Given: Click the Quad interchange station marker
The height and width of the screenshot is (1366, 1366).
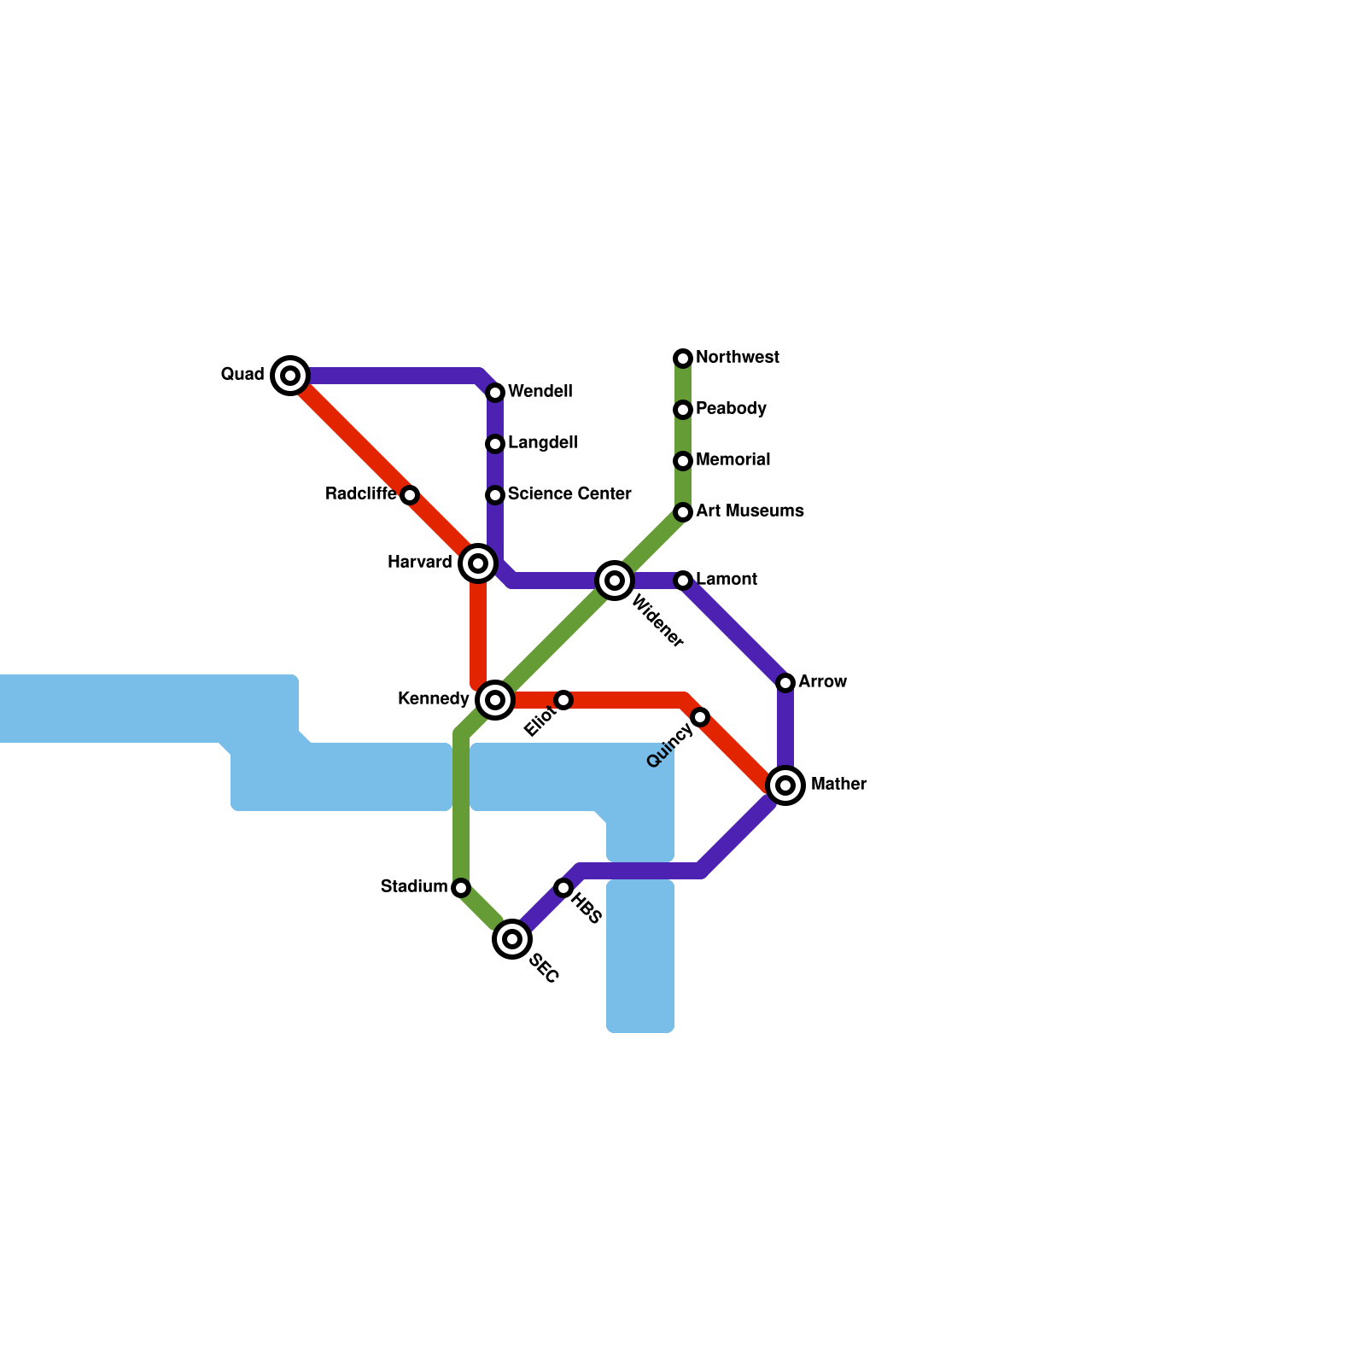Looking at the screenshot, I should pyautogui.click(x=290, y=376).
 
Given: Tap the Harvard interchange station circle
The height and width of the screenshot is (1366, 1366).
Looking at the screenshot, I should pyautogui.click(x=478, y=563).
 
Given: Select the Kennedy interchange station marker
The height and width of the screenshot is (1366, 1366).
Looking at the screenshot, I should pyautogui.click(x=495, y=700).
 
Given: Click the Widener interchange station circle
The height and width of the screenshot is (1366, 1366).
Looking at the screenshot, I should pyautogui.click(x=615, y=581).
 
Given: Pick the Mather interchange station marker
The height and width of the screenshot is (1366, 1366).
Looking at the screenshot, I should pyautogui.click(x=785, y=785).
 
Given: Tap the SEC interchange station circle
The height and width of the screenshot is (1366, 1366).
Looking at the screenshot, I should pyautogui.click(x=512, y=939).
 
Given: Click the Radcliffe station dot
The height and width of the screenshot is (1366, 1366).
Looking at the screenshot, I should pyautogui.click(x=410, y=495).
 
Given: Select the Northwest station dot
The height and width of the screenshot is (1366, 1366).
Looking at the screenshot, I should pyautogui.click(x=683, y=359).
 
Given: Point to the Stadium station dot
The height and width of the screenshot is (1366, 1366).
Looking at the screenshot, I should pyautogui.click(x=461, y=888).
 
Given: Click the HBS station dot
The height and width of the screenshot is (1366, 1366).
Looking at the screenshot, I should pyautogui.click(x=563, y=888).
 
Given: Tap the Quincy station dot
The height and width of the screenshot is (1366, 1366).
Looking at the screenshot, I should pyautogui.click(x=700, y=717).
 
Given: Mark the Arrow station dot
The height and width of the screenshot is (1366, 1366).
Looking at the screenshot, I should pyautogui.click(x=785, y=682).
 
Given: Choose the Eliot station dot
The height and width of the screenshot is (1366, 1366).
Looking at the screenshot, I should pyautogui.click(x=563, y=700).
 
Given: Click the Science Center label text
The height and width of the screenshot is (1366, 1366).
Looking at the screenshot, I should pyautogui.click(x=569, y=494).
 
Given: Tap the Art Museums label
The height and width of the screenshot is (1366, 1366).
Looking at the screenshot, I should pyautogui.click(x=750, y=511).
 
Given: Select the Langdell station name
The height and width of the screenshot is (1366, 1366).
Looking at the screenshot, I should pyautogui.click(x=542, y=443).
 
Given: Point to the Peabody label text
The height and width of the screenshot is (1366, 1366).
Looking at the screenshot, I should pyautogui.click(x=731, y=409).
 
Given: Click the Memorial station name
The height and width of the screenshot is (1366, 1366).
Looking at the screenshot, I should pyautogui.click(x=733, y=460).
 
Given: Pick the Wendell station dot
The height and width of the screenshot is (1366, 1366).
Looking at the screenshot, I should pyautogui.click(x=495, y=393).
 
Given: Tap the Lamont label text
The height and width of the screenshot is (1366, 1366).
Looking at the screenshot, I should pyautogui.click(x=727, y=580).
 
